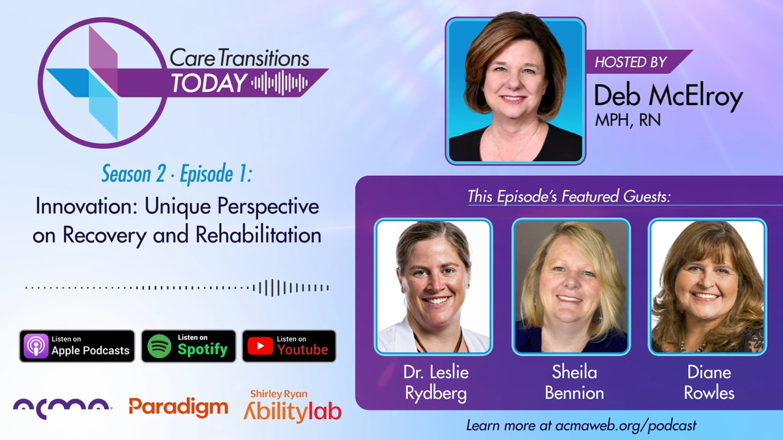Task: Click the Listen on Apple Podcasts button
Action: (x=77, y=346)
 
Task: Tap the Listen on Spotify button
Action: (x=189, y=346)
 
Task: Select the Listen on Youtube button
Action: (x=289, y=346)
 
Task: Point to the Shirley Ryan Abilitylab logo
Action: (x=293, y=406)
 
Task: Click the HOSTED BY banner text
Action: (x=630, y=62)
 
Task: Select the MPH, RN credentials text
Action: (x=627, y=120)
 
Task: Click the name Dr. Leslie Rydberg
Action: (x=436, y=382)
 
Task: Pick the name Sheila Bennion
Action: (x=574, y=382)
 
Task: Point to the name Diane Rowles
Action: (x=709, y=382)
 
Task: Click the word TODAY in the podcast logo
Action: (x=209, y=83)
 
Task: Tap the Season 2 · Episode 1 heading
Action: (x=177, y=174)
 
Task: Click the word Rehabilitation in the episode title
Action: (x=258, y=235)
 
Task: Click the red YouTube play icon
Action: (x=260, y=346)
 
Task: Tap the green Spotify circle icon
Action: (x=159, y=346)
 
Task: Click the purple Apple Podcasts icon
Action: (x=36, y=346)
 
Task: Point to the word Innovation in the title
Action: (x=86, y=206)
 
